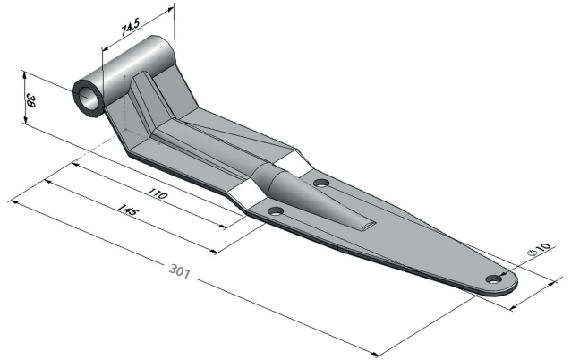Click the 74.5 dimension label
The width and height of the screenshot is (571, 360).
tap(131, 28)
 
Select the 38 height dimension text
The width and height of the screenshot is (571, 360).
tap(31, 101)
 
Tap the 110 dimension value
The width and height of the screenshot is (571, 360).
tap(158, 193)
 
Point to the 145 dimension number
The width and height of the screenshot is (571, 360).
tap(128, 210)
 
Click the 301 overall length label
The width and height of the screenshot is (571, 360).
tap(180, 271)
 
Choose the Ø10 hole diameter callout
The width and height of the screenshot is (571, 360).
tap(540, 249)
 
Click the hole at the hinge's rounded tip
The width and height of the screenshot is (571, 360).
tap(494, 279)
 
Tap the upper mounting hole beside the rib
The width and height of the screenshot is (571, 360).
tap(321, 183)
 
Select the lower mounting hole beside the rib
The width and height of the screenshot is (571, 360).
tap(276, 211)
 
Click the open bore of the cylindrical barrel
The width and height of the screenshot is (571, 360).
tap(88, 99)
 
